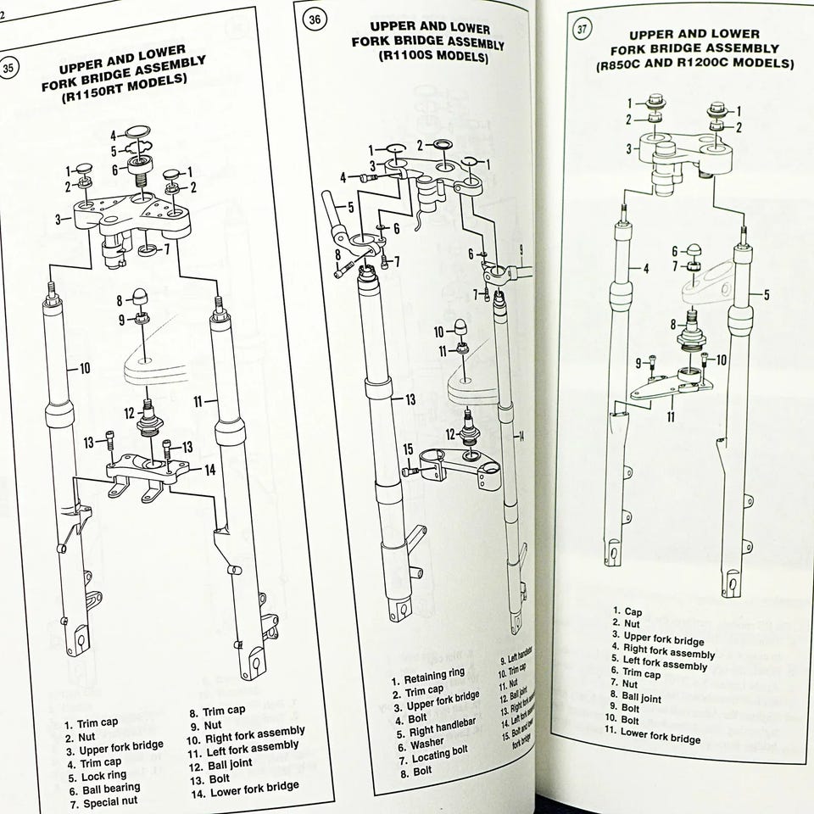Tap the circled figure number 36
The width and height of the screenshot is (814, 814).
click(315, 21)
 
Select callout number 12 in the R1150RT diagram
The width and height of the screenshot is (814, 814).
click(128, 413)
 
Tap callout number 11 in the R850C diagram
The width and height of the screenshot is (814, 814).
click(670, 416)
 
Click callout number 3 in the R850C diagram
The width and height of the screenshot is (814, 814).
click(628, 148)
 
